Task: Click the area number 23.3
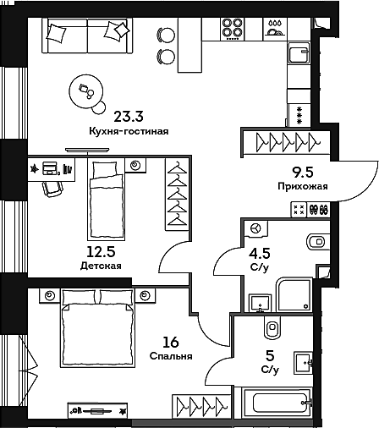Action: click(129, 117)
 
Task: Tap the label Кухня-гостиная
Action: click(129, 131)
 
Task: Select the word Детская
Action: click(101, 266)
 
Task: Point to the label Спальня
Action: click(171, 356)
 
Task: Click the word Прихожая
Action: click(303, 186)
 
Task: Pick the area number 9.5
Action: click(303, 173)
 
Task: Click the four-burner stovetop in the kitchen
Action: click(233, 29)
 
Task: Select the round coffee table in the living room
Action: click(85, 91)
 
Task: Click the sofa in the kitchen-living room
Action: click(87, 36)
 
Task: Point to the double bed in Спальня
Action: click(96, 328)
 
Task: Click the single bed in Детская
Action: click(107, 200)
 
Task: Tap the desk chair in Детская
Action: click(52, 189)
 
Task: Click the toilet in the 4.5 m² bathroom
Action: click(318, 242)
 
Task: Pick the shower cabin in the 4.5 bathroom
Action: click(294, 294)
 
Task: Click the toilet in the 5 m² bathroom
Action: click(272, 327)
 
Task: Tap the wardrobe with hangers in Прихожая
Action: click(286, 142)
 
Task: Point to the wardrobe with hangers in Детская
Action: click(177, 194)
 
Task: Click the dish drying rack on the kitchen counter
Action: click(275, 28)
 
